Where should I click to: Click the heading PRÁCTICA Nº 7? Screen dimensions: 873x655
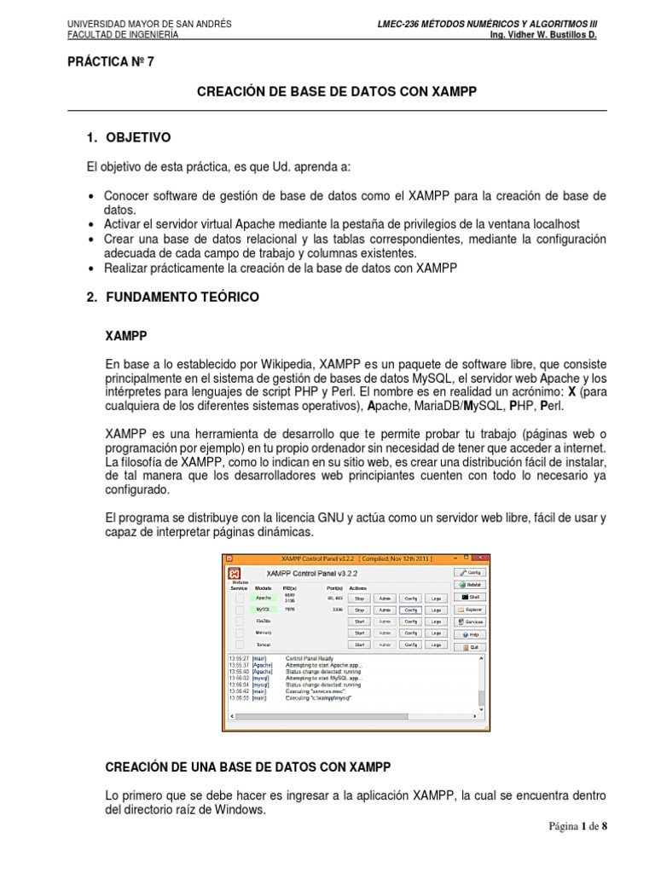[110, 62]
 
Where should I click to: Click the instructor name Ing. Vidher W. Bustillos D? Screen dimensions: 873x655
[541, 36]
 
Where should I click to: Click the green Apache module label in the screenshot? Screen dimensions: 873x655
[264, 598]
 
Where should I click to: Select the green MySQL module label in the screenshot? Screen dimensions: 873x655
[264, 610]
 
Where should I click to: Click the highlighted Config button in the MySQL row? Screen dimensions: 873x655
[410, 610]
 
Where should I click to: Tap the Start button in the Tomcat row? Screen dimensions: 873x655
[359, 645]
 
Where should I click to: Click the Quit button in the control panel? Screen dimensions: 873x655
[471, 647]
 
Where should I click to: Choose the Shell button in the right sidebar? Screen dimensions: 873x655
[471, 598]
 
